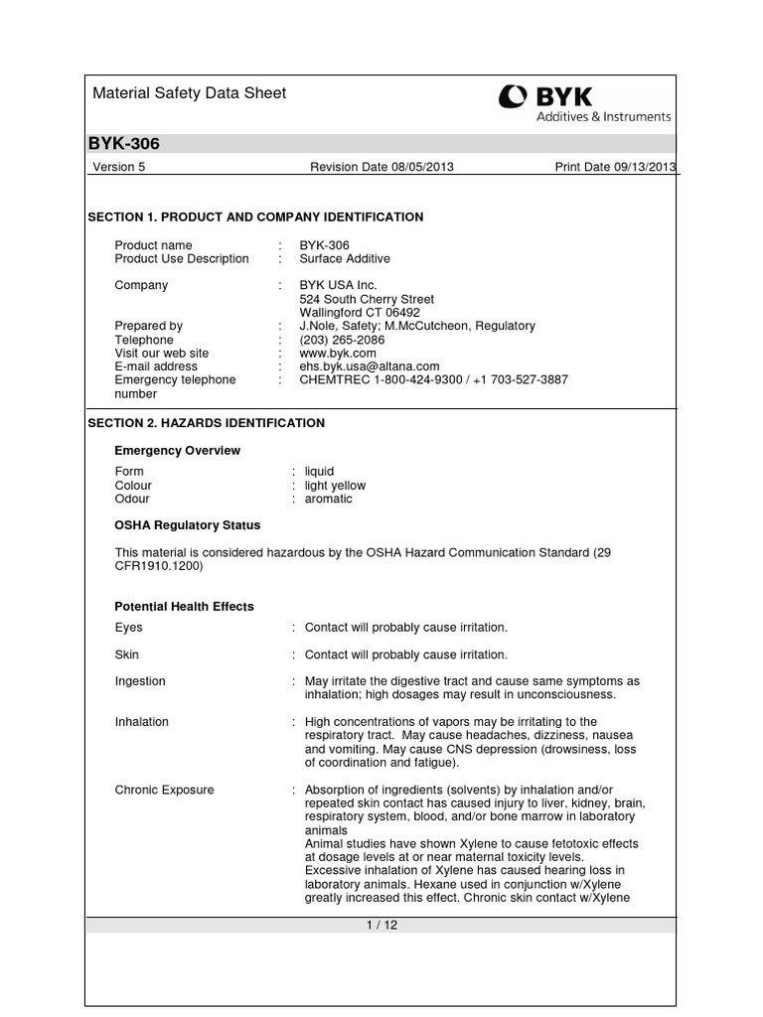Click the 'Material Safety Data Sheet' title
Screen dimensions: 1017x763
click(189, 93)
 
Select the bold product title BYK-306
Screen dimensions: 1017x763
click(124, 144)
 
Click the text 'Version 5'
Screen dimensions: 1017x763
click(118, 167)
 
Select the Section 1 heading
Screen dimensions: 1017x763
click(256, 217)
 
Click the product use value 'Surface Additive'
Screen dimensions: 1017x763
click(345, 259)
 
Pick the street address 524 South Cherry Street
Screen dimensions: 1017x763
click(367, 299)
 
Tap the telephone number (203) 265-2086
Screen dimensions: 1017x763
click(342, 340)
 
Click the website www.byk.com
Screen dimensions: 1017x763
click(338, 353)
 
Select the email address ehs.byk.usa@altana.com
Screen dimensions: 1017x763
click(369, 366)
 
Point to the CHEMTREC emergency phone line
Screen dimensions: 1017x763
click(433, 379)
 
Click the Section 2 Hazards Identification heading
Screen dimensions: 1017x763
click(207, 423)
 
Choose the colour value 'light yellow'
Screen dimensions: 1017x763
click(335, 486)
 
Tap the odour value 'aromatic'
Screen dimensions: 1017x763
click(328, 499)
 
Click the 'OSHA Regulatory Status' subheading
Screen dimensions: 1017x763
click(188, 525)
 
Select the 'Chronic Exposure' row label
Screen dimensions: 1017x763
click(164, 791)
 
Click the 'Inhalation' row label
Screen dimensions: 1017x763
click(142, 722)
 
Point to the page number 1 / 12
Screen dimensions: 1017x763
click(381, 926)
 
